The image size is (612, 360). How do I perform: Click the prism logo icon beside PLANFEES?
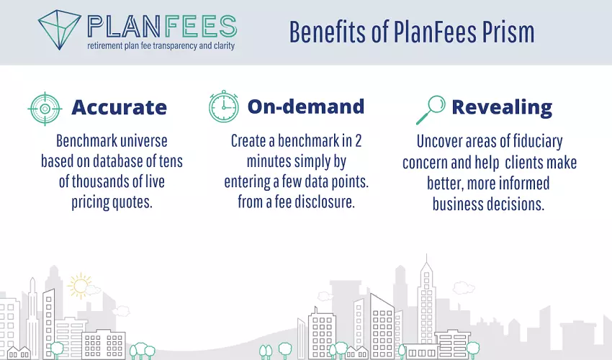(x=59, y=30)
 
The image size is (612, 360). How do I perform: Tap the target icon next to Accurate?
(x=45, y=109)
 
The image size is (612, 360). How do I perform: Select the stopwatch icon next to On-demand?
(x=224, y=107)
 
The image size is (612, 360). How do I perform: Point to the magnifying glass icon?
(x=431, y=110)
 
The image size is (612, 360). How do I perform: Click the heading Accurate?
(x=119, y=107)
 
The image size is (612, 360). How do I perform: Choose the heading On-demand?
(x=306, y=107)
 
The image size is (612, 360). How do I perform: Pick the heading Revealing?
(x=502, y=108)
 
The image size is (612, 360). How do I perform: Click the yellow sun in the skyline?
(x=80, y=286)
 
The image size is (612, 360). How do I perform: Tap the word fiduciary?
(x=538, y=142)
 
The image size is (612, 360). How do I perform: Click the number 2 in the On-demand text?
(x=358, y=141)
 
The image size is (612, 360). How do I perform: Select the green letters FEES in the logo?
(x=200, y=27)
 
